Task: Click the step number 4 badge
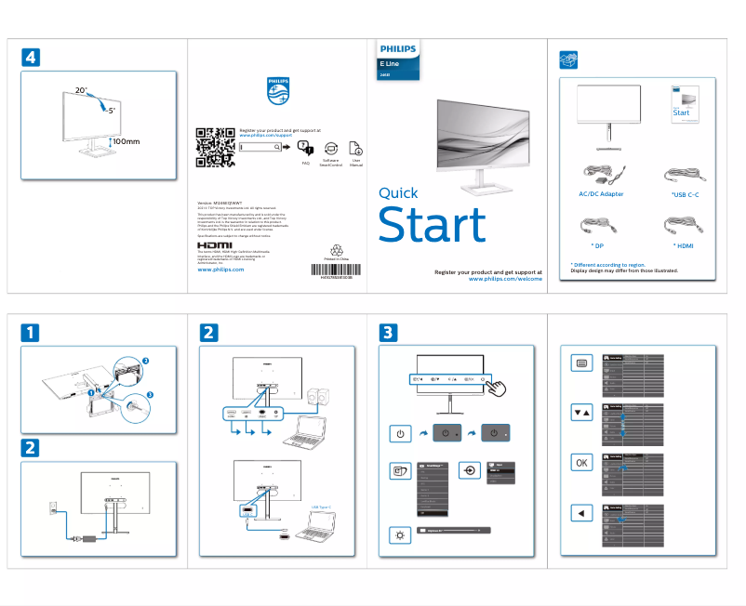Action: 31,58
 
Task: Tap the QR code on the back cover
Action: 215,146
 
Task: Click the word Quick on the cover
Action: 398,193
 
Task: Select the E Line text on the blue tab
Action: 390,62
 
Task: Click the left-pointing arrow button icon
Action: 581,513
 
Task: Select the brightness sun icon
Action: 399,534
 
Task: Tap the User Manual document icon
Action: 355,149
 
